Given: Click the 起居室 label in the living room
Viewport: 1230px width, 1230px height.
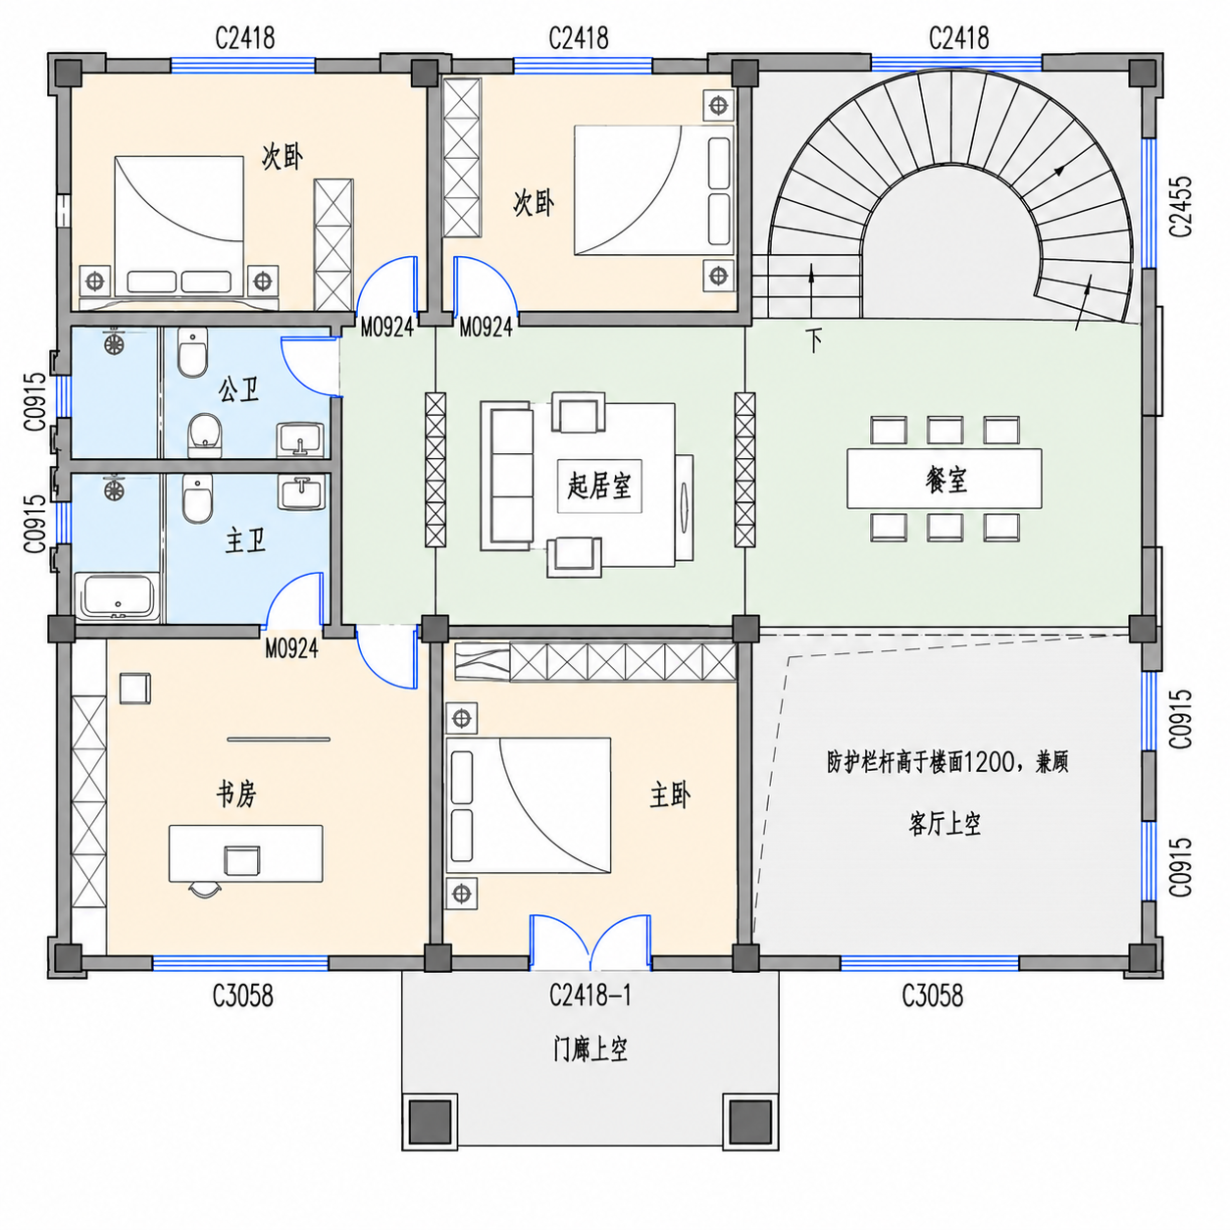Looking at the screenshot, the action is point(598,487).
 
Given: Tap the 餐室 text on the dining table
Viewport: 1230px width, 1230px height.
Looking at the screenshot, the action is point(946,480).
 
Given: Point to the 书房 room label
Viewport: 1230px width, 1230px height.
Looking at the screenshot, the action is point(236,794).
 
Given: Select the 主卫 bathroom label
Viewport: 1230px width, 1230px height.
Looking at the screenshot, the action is point(245,541).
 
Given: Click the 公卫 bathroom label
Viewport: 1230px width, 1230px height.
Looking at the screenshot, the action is point(238,389).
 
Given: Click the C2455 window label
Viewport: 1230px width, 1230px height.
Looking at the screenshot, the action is point(1180,206).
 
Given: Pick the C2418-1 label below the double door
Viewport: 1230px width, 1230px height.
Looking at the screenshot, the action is point(589,996).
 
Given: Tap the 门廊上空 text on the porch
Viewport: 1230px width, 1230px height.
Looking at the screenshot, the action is point(590,1050).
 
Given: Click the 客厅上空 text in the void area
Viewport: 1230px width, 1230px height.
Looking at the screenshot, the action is point(944,824).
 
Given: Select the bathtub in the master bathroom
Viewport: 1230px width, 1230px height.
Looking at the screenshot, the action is point(117,596).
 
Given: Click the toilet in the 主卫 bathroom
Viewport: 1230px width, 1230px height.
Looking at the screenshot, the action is point(197,498).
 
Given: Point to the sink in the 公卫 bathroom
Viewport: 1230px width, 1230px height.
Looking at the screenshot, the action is point(300,439).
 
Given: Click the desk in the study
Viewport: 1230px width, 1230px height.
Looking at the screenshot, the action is point(246,853).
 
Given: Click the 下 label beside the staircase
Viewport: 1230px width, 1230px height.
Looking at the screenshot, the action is point(813,340).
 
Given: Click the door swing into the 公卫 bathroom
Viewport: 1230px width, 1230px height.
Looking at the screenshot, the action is point(310,366).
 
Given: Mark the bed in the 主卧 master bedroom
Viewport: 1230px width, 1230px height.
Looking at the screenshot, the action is point(528,805).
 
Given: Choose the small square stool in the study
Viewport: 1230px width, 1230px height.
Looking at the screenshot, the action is point(135,688).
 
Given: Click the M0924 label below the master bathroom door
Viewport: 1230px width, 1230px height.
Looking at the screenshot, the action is point(291,649).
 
